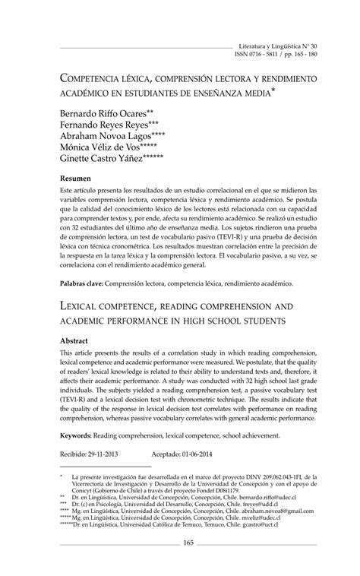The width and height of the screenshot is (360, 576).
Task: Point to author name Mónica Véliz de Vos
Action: click(106, 149)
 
